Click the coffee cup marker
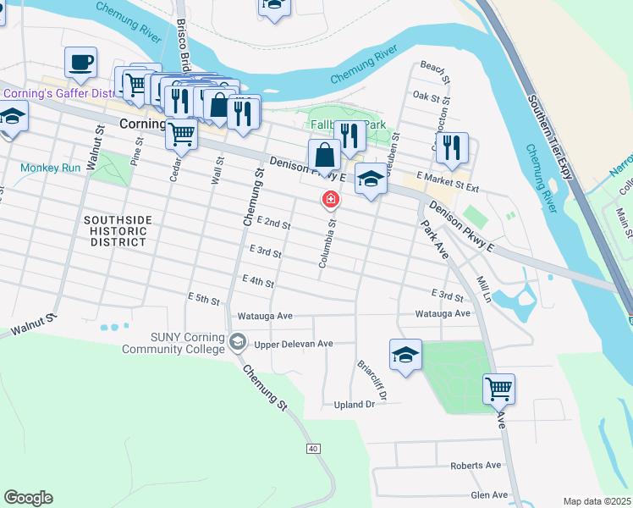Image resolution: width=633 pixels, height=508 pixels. pyautogui.click(x=80, y=62)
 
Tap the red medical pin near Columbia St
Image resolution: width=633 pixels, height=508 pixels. pyautogui.click(x=330, y=200)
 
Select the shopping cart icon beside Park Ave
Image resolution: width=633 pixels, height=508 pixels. pyautogui.click(x=498, y=389)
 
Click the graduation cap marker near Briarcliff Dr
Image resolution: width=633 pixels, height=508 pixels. pyautogui.click(x=405, y=354)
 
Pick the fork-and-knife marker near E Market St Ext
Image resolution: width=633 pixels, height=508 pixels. pyautogui.click(x=453, y=147)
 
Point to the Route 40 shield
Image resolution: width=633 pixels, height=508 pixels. pyautogui.click(x=313, y=448)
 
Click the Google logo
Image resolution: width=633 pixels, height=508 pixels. pyautogui.click(x=28, y=498)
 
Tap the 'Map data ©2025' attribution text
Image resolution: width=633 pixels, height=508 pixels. pyautogui.click(x=597, y=501)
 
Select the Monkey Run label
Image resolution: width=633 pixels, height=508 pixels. pyautogui.click(x=51, y=168)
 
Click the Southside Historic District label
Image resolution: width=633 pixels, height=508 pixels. pyautogui.click(x=118, y=230)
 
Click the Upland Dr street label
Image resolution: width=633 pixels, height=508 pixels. pyautogui.click(x=354, y=405)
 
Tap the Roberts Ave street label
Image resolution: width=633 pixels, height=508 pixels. pyautogui.click(x=476, y=465)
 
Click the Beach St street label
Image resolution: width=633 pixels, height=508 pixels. pyautogui.click(x=432, y=66)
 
